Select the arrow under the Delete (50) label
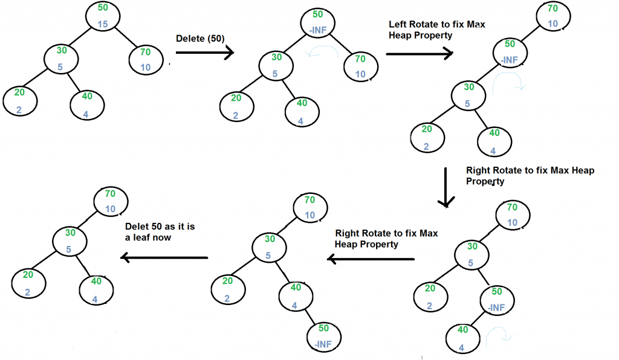coord(204,53)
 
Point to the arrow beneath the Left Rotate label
coord(419,54)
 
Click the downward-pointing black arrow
coord(446,187)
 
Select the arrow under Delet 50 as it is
coord(164,258)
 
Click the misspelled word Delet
coord(137,227)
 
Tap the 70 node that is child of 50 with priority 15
coord(146,59)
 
